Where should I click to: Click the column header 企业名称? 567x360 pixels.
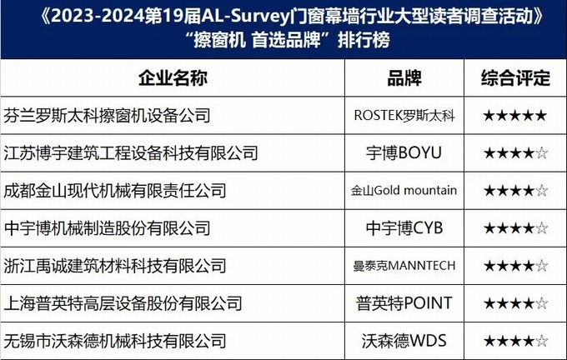pyautogui.click(x=173, y=78)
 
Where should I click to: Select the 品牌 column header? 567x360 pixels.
pyautogui.click(x=404, y=78)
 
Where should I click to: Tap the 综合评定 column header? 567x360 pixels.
pyautogui.click(x=515, y=78)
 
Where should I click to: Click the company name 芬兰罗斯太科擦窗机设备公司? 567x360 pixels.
pyautogui.click(x=107, y=116)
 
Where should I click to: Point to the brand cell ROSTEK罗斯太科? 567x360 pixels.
pyautogui.click(x=404, y=116)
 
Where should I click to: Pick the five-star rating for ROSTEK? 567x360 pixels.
pyautogui.click(x=515, y=116)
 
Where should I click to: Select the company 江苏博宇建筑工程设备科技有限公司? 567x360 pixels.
pyautogui.click(x=131, y=153)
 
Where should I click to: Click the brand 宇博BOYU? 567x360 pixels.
pyautogui.click(x=404, y=152)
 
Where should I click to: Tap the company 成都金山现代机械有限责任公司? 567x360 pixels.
pyautogui.click(x=115, y=191)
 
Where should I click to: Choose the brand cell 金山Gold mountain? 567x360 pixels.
pyautogui.click(x=404, y=191)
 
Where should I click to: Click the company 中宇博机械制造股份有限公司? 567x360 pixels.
pyautogui.click(x=107, y=228)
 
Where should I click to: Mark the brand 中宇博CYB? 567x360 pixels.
pyautogui.click(x=404, y=228)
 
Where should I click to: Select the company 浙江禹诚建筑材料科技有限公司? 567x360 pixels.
pyautogui.click(x=115, y=266)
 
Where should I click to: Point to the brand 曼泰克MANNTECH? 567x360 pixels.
pyautogui.click(x=404, y=266)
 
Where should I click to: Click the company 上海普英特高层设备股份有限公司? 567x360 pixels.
pyautogui.click(x=123, y=303)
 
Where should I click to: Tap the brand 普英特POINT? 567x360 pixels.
pyautogui.click(x=404, y=303)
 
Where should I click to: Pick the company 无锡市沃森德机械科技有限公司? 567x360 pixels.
pyautogui.click(x=115, y=341)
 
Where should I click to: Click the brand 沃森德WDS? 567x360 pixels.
pyautogui.click(x=404, y=341)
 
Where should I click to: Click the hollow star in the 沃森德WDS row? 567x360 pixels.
pyautogui.click(x=541, y=341)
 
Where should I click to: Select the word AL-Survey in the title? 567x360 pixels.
pyautogui.click(x=246, y=17)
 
